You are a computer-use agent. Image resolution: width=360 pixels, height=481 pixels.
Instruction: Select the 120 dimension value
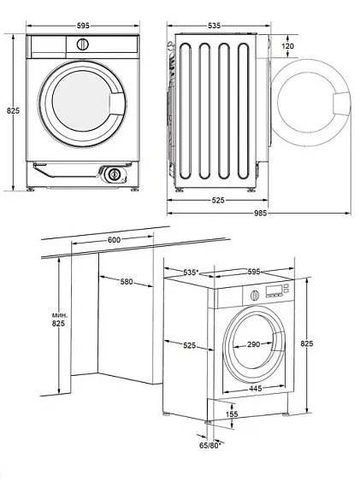click(x=287, y=46)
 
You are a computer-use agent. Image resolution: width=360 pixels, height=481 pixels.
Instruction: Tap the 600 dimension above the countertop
click(x=115, y=240)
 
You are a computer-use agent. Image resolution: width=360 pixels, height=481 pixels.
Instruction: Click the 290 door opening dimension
click(x=255, y=344)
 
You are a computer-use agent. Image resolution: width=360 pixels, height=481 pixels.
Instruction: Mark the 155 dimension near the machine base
click(x=233, y=414)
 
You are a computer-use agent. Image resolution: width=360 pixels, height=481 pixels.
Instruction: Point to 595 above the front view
click(x=81, y=26)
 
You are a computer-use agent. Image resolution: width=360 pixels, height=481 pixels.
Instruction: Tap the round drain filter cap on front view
click(x=113, y=173)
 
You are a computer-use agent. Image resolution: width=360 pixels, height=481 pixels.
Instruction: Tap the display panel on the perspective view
click(x=274, y=292)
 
